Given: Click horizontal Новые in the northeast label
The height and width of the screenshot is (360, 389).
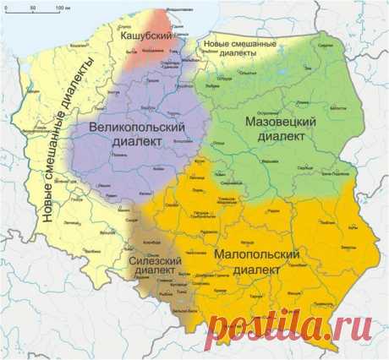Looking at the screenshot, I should click(x=212, y=42).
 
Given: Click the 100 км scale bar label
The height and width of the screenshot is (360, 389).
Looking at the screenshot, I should click(x=63, y=8).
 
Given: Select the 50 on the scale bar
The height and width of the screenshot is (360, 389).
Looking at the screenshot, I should click(x=32, y=8).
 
